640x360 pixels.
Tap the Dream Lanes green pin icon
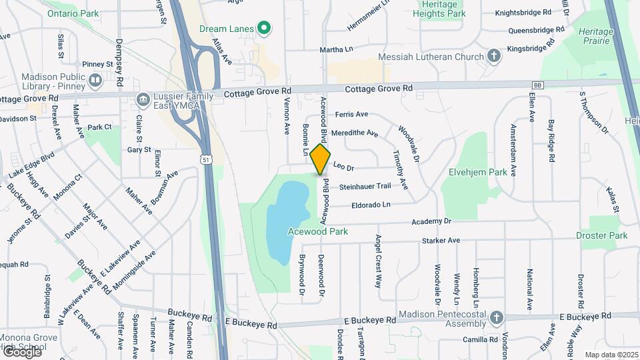[x=264, y=28]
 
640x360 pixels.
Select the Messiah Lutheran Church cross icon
[x=493, y=57]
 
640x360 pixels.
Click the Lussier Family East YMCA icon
[x=142, y=100]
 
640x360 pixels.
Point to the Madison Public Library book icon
[x=95, y=81]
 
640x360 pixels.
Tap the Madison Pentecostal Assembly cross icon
[x=496, y=318]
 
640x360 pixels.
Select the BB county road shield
[x=537, y=85]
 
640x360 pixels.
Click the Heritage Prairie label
[x=594, y=36]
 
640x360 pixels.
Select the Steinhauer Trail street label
[x=365, y=187]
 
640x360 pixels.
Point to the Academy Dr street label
[x=431, y=221]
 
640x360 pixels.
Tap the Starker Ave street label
[x=441, y=240]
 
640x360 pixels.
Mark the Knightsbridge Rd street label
[x=529, y=12]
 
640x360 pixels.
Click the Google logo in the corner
[x=21, y=352]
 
